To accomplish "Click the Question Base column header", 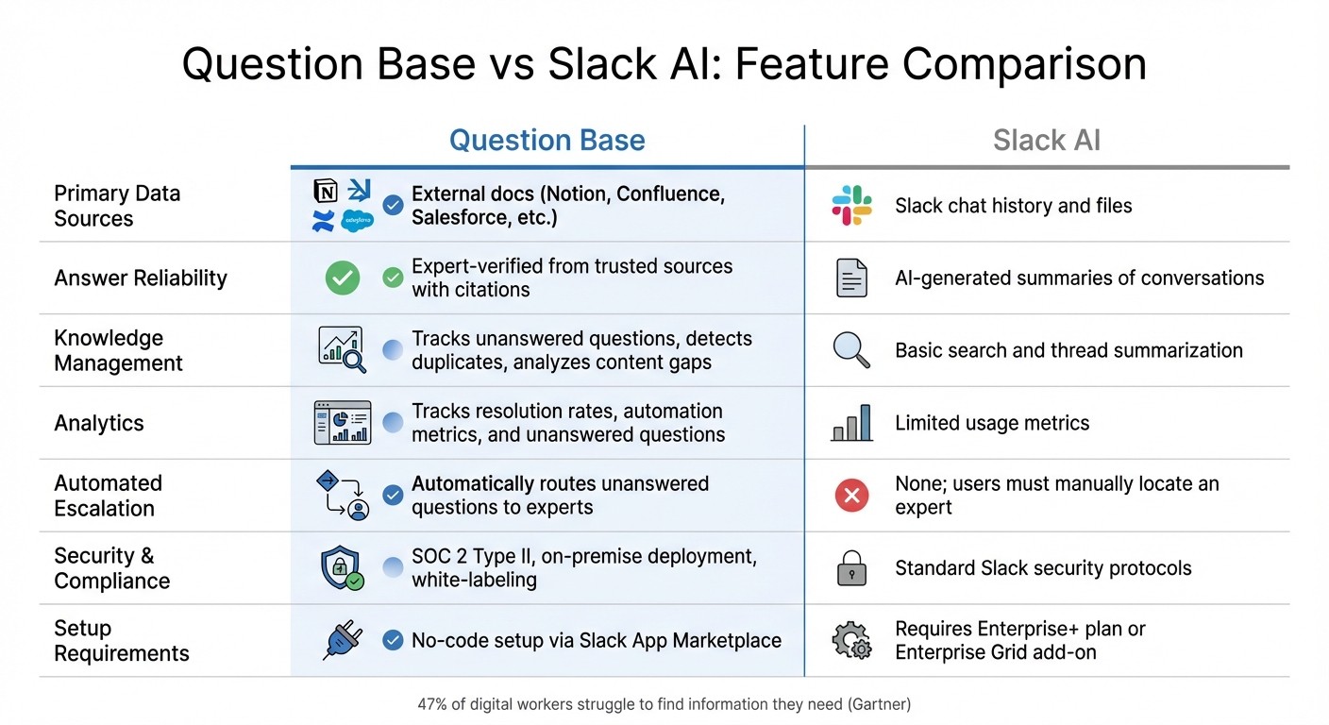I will (547, 141).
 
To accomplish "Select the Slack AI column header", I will (1046, 141).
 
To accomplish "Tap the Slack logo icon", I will (851, 206).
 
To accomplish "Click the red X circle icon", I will (851, 496).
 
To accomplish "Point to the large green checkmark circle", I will (342, 278).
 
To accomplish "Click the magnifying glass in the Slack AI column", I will (851, 350).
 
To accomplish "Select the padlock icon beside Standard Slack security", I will (851, 568).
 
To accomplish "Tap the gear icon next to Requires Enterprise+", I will (851, 641).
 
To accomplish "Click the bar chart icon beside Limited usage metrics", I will (851, 423).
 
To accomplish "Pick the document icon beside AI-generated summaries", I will (851, 278).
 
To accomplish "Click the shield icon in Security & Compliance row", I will (341, 568).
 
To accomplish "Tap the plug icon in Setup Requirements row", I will (342, 641).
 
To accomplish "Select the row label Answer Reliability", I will (141, 278).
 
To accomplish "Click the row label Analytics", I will (99, 423).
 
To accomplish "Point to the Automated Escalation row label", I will (108, 496).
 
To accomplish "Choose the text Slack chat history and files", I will (1013, 206).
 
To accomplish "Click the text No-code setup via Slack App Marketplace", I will (596, 641).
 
